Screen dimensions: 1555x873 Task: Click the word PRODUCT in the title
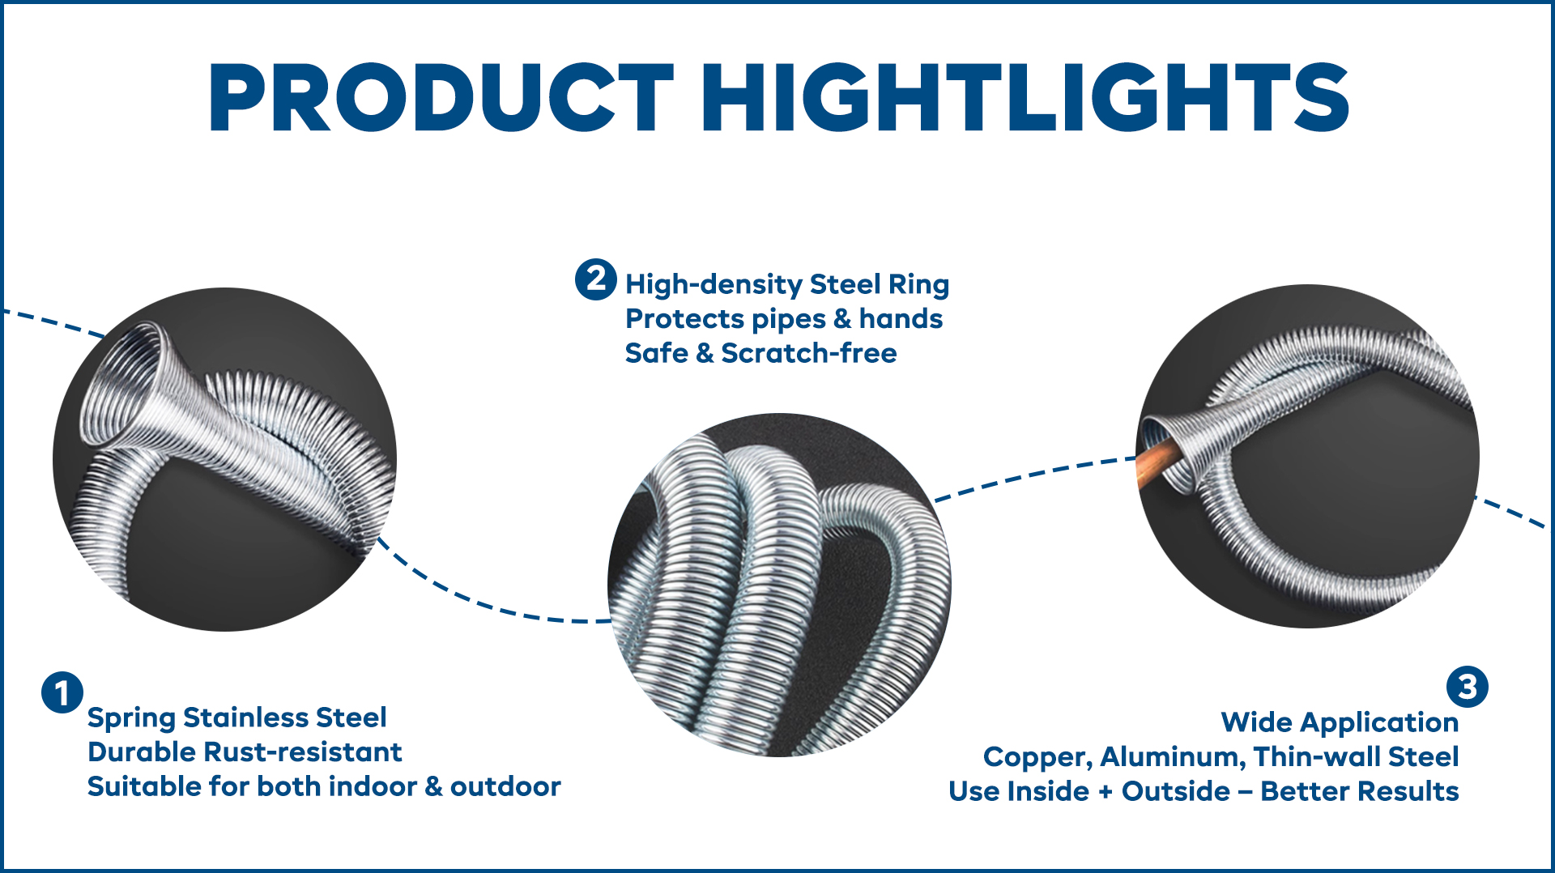(441, 97)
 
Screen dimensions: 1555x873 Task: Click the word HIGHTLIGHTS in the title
(1025, 97)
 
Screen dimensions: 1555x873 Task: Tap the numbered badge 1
(62, 692)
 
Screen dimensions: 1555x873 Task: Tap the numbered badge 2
(596, 279)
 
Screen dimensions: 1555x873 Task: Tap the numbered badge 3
(1468, 687)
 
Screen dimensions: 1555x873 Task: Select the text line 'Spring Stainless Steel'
(236, 718)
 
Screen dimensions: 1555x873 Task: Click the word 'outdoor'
(505, 786)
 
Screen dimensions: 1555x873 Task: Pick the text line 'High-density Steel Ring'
(787, 284)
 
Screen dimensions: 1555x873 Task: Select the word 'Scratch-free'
(809, 353)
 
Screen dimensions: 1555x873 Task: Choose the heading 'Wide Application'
(1340, 722)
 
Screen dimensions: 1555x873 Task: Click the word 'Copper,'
(1037, 757)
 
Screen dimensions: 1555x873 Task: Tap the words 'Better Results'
(1360, 791)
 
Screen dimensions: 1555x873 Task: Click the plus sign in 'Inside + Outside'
(1106, 792)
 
